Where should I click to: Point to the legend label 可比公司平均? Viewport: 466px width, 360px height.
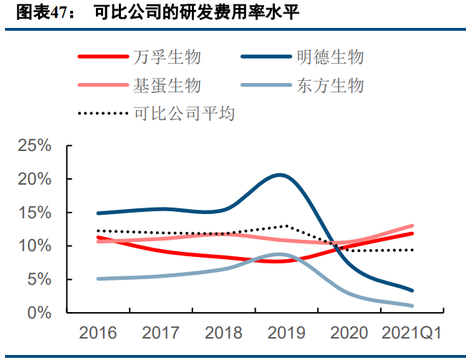tap(184, 113)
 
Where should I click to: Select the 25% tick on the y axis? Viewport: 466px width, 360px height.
tap(34, 146)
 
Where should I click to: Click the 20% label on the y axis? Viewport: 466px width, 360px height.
tap(34, 180)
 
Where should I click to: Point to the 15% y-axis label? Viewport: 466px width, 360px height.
tap(34, 213)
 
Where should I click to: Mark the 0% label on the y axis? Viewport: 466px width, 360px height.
tap(40, 313)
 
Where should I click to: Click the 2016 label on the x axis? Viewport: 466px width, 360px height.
tap(99, 333)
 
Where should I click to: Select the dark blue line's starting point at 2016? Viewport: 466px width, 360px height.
tap(98, 213)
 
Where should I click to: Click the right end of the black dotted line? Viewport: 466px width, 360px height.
tap(413, 250)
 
